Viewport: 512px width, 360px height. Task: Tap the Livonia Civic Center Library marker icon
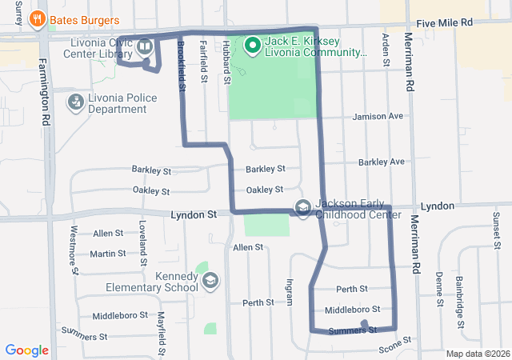pyautogui.click(x=145, y=46)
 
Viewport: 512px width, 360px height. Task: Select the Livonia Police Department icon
pyautogui.click(x=76, y=102)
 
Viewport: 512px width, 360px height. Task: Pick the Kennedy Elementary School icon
pyautogui.click(x=210, y=281)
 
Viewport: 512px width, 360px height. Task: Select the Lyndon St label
pyautogui.click(x=194, y=215)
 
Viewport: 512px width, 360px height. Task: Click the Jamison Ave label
pyautogui.click(x=379, y=116)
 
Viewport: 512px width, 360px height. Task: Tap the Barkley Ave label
pyautogui.click(x=382, y=162)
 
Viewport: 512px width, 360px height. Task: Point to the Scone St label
pyautogui.click(x=394, y=343)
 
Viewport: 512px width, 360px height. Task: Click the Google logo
pyautogui.click(x=26, y=350)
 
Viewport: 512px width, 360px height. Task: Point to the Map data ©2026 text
pyautogui.click(x=477, y=354)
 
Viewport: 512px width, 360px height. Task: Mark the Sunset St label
pyautogui.click(x=496, y=228)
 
